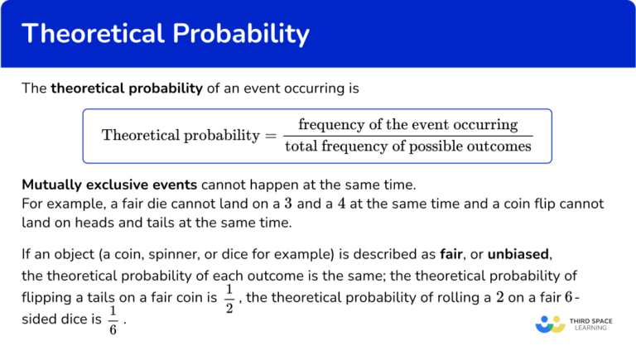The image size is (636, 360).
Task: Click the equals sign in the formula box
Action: tap(271, 135)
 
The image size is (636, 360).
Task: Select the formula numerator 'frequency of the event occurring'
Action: tap(407, 125)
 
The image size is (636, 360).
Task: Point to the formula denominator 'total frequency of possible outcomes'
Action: tap(407, 146)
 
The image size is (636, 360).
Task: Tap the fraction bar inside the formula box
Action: tap(407, 136)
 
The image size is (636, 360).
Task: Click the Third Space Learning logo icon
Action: tap(550, 324)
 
